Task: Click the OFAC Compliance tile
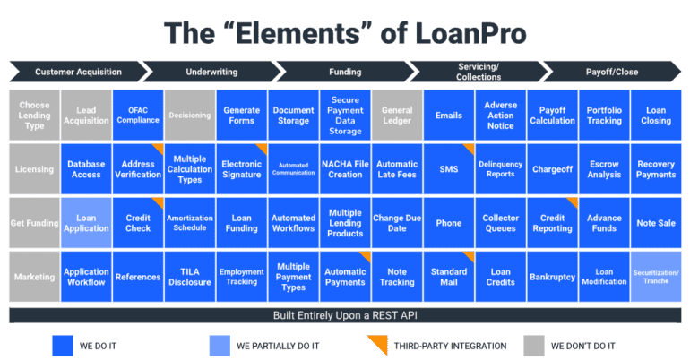[x=138, y=116]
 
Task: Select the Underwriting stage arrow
[x=211, y=72]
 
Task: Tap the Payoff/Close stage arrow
[x=612, y=72]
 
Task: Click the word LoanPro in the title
[x=470, y=33]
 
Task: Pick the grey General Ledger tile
[x=397, y=116]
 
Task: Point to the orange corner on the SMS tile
[x=469, y=148]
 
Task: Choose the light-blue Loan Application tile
[x=86, y=223]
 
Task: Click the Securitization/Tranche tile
[x=656, y=277]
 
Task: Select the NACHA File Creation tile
[x=345, y=169]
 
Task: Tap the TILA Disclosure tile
[x=190, y=277]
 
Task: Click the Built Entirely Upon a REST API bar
[x=345, y=315]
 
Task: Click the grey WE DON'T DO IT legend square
[x=534, y=346]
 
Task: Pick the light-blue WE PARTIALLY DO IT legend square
[x=220, y=346]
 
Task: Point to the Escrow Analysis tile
[x=604, y=169]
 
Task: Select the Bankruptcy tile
[x=552, y=277]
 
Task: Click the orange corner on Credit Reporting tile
[x=573, y=202]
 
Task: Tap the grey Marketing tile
[x=34, y=277]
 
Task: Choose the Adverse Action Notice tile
[x=500, y=116]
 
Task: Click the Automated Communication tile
[x=293, y=169]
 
